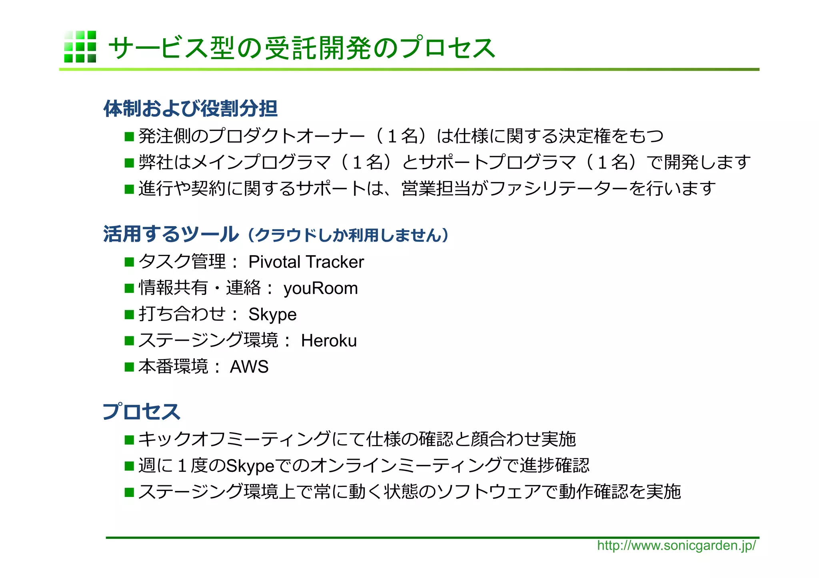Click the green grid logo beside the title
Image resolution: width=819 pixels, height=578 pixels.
pyautogui.click(x=80, y=47)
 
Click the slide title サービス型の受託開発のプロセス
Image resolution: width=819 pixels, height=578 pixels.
pyautogui.click(x=302, y=48)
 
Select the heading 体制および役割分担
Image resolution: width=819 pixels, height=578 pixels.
pyautogui.click(x=190, y=109)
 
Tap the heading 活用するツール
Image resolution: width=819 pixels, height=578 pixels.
pyautogui.click(x=171, y=234)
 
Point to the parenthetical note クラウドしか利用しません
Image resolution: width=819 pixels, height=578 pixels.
pyautogui.click(x=348, y=235)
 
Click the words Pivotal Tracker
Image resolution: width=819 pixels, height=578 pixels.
pyautogui.click(x=306, y=262)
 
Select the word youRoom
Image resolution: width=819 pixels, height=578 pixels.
pyautogui.click(x=320, y=288)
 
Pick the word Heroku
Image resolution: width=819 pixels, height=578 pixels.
pyautogui.click(x=329, y=341)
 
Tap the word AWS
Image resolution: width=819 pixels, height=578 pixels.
pyautogui.click(x=249, y=367)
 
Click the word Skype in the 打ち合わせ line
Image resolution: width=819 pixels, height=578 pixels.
pyautogui.click(x=272, y=315)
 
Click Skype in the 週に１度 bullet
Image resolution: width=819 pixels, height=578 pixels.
pyautogui.click(x=250, y=466)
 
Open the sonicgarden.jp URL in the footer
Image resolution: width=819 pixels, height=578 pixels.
pyautogui.click(x=676, y=546)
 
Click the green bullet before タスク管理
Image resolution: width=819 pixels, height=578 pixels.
pyautogui.click(x=129, y=262)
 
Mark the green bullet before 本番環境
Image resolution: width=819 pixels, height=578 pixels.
pyautogui.click(x=129, y=367)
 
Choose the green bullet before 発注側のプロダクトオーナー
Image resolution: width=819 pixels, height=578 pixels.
pyautogui.click(x=129, y=137)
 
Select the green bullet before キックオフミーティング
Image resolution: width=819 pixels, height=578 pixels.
pyautogui.click(x=129, y=440)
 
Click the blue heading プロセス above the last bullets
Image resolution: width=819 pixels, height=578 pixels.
pyautogui.click(x=142, y=411)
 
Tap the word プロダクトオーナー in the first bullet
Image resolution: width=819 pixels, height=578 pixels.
pyautogui.click(x=286, y=137)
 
